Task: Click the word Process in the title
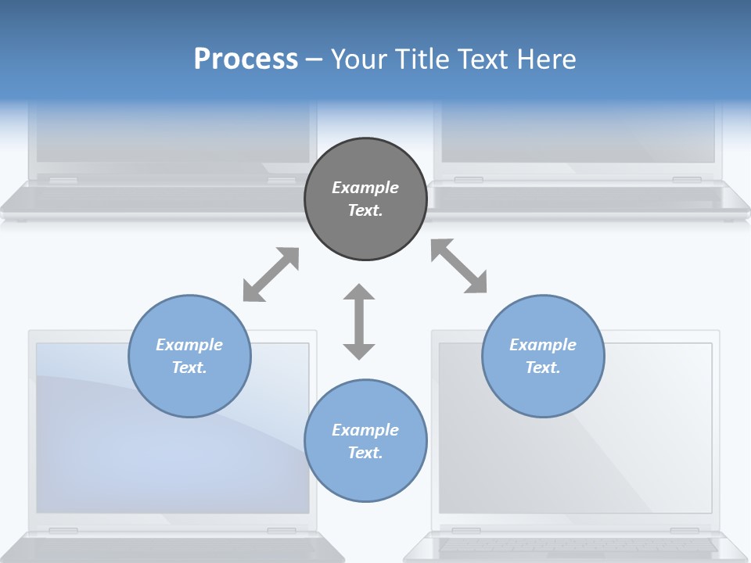coord(246,59)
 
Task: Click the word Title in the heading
coord(420,59)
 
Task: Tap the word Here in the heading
coord(544,59)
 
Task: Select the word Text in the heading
coord(483,59)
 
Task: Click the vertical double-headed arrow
coord(359,321)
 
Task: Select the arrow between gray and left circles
coord(271,274)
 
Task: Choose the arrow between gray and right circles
coord(459,266)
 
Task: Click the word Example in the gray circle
coord(365,188)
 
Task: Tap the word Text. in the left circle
coord(189,368)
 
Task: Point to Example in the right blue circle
coord(543,345)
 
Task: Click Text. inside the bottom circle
coord(365,453)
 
